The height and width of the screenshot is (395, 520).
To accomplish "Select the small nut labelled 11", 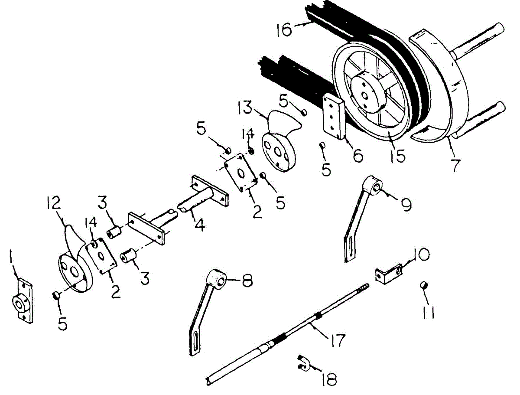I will coord(425,286).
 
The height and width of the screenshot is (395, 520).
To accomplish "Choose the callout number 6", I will coord(357,156).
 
